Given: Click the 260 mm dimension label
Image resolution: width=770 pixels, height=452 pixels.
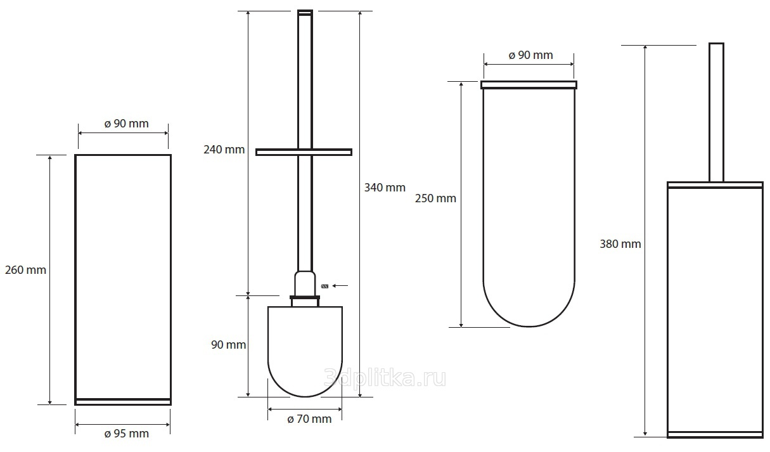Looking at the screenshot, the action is [x=25, y=270].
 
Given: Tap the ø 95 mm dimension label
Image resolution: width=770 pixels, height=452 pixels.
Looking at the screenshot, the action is [x=127, y=434].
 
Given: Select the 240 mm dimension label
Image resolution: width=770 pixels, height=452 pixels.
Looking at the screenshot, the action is [x=224, y=150].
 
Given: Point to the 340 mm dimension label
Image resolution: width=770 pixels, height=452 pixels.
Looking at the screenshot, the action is [x=385, y=188].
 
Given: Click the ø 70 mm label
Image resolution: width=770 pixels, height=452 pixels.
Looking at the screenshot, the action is [x=309, y=419].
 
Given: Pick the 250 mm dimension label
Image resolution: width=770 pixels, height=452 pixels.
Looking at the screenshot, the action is [x=435, y=198].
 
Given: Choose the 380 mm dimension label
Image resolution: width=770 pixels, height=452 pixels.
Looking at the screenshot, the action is [x=620, y=244].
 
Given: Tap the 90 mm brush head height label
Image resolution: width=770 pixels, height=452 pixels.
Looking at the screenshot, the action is [x=229, y=345].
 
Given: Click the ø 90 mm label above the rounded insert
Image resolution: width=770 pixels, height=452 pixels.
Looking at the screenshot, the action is [x=530, y=55].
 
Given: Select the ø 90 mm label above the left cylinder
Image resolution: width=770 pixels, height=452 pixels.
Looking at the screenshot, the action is [x=127, y=124].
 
